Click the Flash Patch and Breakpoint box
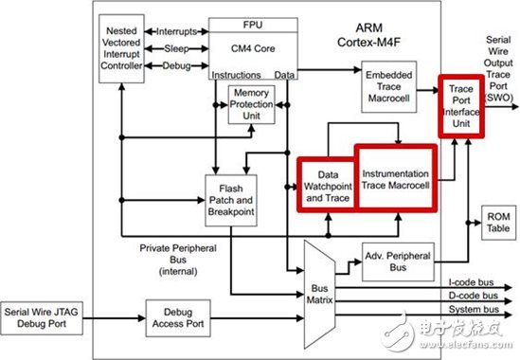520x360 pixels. (231, 200)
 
